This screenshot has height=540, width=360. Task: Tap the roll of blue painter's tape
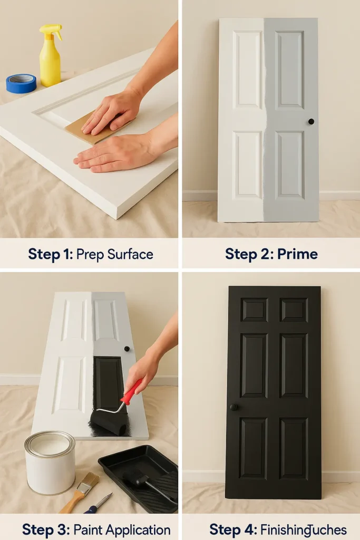coord(21,83)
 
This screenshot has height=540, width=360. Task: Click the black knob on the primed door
coord(311,121)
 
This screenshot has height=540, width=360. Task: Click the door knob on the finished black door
coord(233,407)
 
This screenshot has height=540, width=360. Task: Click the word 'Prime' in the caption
coord(298,254)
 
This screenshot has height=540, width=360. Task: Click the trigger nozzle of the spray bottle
coord(52,28)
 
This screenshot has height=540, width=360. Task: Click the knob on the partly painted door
coord(127,349)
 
